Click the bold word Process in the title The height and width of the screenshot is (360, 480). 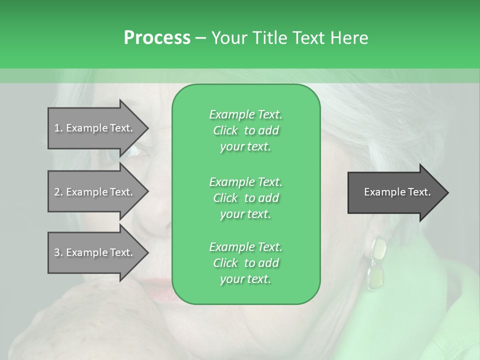click(157, 38)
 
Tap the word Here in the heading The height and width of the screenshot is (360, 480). click(349, 38)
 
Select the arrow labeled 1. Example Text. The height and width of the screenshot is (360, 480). click(95, 128)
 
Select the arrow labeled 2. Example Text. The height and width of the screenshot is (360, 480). click(95, 192)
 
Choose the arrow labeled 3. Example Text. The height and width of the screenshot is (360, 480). click(95, 252)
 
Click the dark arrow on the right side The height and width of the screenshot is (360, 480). click(395, 192)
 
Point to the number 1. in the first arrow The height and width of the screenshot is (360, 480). click(58, 128)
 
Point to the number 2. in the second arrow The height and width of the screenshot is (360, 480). click(58, 192)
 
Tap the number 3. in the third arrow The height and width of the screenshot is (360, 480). click(58, 252)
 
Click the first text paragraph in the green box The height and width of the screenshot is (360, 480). click(245, 130)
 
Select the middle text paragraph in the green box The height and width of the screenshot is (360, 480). click(245, 197)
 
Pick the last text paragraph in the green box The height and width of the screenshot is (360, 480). click(245, 263)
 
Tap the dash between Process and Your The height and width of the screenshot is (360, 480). click(200, 38)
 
